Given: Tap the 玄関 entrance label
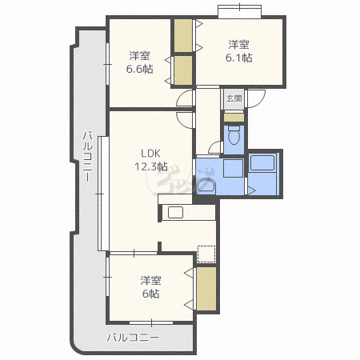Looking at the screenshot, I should point(233,98).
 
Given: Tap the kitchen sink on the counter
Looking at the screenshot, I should point(174,213).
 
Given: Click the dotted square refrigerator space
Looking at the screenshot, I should point(207,254).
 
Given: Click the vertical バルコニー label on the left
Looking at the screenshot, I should point(86,156).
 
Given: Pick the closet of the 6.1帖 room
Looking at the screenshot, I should point(183,34).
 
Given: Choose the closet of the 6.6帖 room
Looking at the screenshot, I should point(183,70).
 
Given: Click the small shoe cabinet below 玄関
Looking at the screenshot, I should point(233,118).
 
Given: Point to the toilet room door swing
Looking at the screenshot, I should point(215,146).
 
